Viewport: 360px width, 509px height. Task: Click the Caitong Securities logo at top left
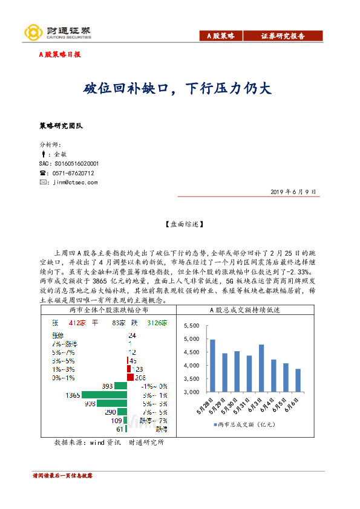[57, 32]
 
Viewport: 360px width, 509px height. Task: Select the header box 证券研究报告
[283, 36]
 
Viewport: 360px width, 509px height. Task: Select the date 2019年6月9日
[293, 192]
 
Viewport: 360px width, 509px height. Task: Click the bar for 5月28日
[212, 365]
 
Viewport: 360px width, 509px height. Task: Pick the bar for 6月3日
[261, 368]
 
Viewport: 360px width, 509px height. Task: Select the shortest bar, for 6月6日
[298, 380]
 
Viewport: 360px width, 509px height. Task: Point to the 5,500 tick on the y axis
[191, 325]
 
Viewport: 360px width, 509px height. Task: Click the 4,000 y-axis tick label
[191, 365]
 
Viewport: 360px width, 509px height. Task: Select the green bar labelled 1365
[105, 395]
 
